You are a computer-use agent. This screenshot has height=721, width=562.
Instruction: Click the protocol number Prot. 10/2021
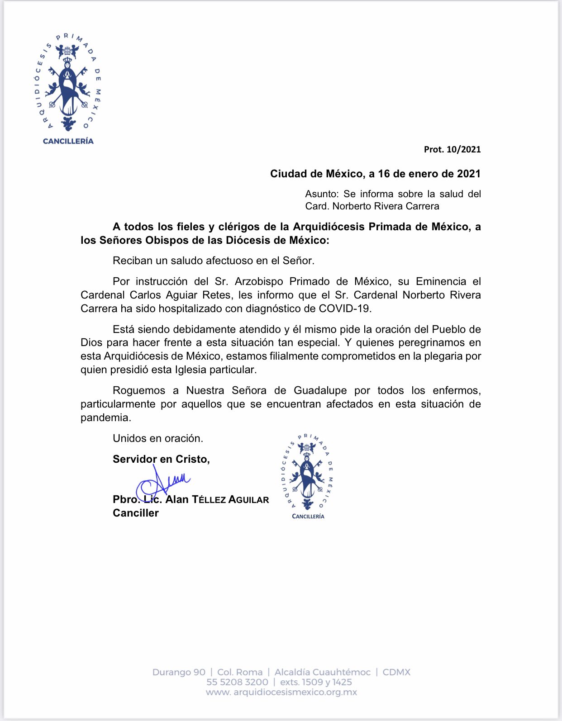(452, 150)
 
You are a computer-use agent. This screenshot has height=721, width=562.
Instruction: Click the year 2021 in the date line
(468, 174)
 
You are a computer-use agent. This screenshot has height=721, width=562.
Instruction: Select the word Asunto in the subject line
(322, 194)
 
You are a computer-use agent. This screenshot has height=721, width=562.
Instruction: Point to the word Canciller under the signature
(136, 513)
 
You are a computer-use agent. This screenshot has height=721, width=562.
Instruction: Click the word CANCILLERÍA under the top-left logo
(68, 141)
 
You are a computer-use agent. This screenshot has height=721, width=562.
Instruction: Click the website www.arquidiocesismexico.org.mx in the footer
(281, 693)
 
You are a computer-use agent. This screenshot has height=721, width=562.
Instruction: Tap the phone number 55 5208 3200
(237, 682)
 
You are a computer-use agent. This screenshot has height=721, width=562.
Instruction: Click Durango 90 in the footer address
(179, 672)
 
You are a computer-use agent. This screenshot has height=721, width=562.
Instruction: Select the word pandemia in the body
(105, 418)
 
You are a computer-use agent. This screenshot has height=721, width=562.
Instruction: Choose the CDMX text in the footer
(396, 672)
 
